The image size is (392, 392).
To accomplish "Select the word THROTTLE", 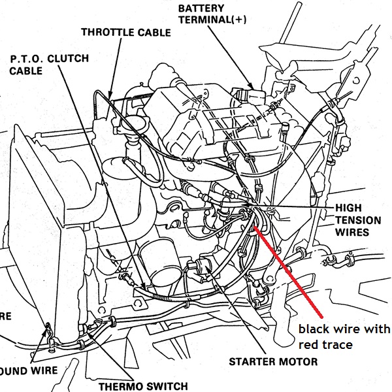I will click(107, 31).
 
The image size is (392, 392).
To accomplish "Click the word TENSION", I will click(357, 220).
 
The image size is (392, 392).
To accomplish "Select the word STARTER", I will click(254, 361).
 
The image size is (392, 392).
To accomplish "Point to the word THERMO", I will click(120, 386).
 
